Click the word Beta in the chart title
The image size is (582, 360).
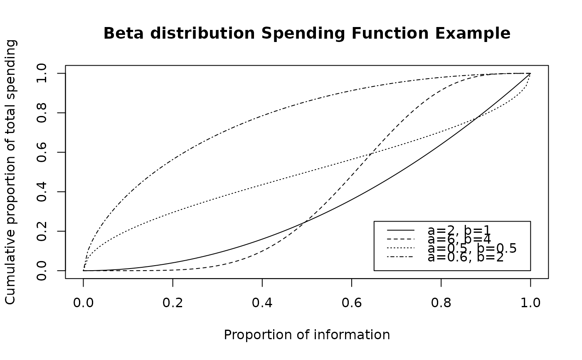click(123, 34)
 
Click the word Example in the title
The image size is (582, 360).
click(473, 34)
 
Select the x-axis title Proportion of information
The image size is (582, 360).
click(307, 335)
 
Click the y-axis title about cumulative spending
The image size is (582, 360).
click(11, 172)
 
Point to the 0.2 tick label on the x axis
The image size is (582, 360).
click(173, 303)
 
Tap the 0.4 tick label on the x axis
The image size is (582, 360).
click(262, 303)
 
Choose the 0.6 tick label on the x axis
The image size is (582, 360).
click(352, 303)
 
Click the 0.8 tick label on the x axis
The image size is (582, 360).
click(441, 303)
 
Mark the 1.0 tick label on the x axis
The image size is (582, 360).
click(530, 303)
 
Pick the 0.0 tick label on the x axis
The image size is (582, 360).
click(83, 303)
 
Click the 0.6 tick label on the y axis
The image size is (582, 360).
click(42, 152)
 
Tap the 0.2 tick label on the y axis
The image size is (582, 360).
click(42, 231)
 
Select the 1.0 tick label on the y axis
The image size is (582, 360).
click(42, 73)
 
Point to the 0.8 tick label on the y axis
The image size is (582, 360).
click(42, 113)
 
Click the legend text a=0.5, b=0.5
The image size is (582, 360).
click(472, 249)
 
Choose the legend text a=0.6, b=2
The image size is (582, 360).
click(466, 257)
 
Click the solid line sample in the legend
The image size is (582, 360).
click(401, 230)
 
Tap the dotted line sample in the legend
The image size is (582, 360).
click(401, 248)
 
